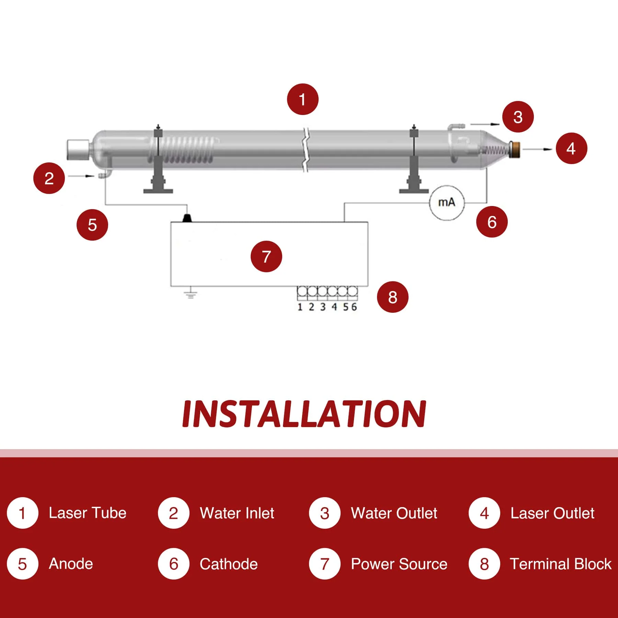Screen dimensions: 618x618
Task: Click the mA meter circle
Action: pyautogui.click(x=447, y=203)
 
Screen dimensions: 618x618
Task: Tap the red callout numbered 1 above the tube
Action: pyautogui.click(x=302, y=100)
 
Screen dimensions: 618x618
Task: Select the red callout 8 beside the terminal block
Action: pyautogui.click(x=392, y=297)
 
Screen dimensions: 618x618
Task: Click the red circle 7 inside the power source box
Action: pyautogui.click(x=266, y=256)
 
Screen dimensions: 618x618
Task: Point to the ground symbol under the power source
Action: pyautogui.click(x=191, y=294)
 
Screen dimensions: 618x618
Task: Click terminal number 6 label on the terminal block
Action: pyautogui.click(x=354, y=307)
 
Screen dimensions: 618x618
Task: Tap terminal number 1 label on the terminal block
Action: pyautogui.click(x=300, y=307)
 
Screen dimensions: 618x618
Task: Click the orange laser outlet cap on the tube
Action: pyautogui.click(x=515, y=149)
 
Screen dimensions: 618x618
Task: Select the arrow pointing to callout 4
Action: pyautogui.click(x=537, y=149)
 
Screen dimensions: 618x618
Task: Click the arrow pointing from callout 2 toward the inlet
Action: pyautogui.click(x=81, y=176)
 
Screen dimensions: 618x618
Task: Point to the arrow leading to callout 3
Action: pyautogui.click(x=485, y=124)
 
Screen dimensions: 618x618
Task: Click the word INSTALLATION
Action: pyautogui.click(x=304, y=414)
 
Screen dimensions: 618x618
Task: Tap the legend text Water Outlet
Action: pyautogui.click(x=394, y=513)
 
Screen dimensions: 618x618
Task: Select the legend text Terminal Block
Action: pyautogui.click(x=560, y=564)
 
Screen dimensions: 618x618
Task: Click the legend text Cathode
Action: pyautogui.click(x=229, y=564)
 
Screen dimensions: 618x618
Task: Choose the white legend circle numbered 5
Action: pyautogui.click(x=22, y=564)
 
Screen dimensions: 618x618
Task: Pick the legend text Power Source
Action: pyautogui.click(x=399, y=564)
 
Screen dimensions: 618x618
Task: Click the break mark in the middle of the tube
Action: pyautogui.click(x=305, y=150)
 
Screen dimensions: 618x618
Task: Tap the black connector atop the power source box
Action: pyautogui.click(x=187, y=218)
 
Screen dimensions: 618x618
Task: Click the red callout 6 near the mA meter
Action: pyautogui.click(x=492, y=222)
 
